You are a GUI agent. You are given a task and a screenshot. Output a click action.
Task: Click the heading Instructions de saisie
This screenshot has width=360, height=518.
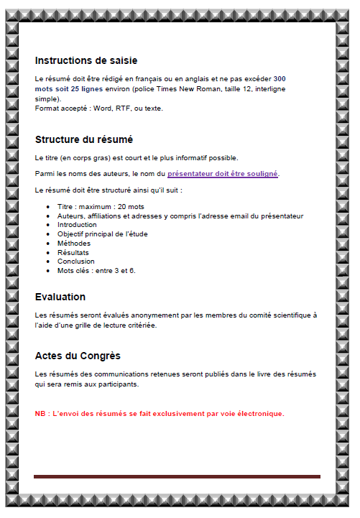point(86,60)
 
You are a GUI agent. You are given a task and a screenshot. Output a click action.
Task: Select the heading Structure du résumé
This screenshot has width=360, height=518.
point(83,139)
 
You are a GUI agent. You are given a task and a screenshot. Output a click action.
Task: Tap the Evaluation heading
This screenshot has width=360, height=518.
point(60,297)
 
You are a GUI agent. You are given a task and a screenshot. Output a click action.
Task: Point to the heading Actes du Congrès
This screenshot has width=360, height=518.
point(78,356)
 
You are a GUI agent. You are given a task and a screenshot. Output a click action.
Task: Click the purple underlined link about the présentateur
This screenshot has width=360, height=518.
point(223,174)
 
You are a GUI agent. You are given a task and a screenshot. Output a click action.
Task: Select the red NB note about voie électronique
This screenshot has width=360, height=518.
point(160,413)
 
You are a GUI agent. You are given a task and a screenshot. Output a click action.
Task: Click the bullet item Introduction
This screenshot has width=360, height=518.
point(77,225)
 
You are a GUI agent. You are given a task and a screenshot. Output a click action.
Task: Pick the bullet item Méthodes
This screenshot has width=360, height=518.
point(74,243)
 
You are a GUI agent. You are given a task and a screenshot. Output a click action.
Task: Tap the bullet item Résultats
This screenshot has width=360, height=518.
point(73,252)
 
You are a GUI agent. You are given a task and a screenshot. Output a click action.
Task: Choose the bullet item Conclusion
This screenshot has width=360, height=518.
point(75,262)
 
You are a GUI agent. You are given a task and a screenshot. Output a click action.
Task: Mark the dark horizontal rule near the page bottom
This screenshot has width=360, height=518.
point(177,476)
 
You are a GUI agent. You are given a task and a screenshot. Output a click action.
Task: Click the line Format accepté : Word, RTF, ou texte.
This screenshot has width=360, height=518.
point(99,108)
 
